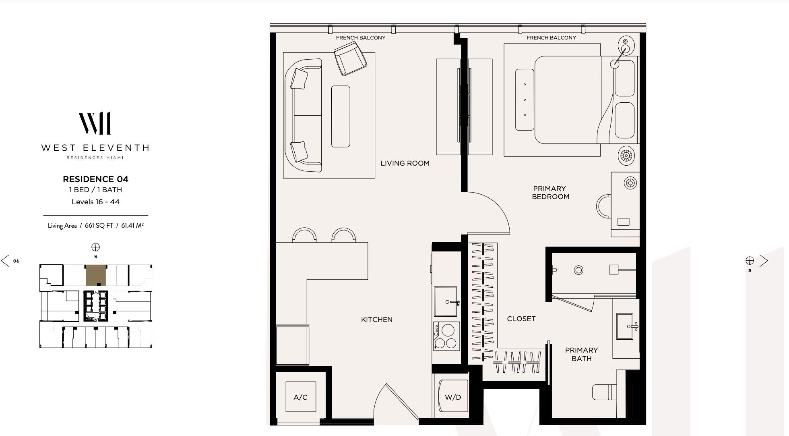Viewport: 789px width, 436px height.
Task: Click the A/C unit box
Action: click(300, 397)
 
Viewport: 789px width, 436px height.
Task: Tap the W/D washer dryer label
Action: click(453, 397)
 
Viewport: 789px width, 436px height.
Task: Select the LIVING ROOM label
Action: click(405, 163)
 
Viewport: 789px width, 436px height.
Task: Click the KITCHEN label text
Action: click(377, 320)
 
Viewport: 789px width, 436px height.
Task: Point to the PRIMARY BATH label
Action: click(581, 354)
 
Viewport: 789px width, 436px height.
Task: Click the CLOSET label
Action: click(521, 319)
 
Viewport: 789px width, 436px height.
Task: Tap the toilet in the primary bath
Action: click(604, 392)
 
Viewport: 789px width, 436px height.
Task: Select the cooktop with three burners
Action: click(446, 336)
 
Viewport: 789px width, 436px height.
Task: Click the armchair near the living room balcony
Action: click(350, 60)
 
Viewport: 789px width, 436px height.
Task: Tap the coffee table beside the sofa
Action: click(341, 116)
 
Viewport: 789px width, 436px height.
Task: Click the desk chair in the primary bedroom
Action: click(604, 206)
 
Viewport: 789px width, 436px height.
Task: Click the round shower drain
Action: click(578, 270)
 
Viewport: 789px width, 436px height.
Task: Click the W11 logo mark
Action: click(95, 123)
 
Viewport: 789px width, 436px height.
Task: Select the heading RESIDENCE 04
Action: click(95, 179)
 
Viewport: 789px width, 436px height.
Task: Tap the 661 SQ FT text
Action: click(99, 226)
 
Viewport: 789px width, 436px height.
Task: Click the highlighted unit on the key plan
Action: click(96, 275)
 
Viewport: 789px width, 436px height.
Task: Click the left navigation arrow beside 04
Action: click(5, 261)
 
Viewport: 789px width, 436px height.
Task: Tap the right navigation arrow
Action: click(764, 261)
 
